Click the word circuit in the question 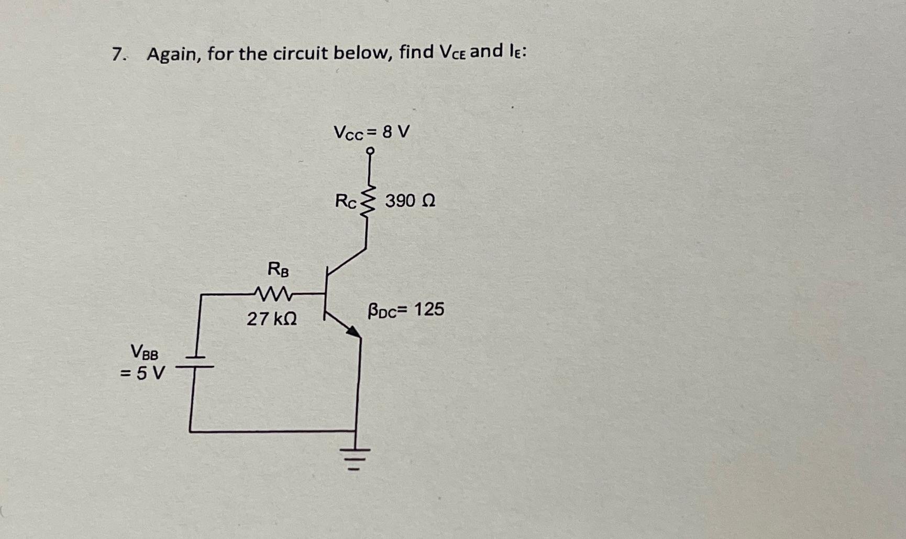[294, 53]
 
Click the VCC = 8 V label [372, 132]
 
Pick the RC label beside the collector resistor [346, 201]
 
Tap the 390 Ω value [410, 201]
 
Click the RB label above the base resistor [278, 269]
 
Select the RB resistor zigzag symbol [273, 294]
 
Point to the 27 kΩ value [272, 318]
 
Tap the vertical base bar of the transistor [326, 294]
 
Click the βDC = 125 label [406, 310]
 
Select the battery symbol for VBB [194, 362]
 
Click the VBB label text [144, 352]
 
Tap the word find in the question [416, 52]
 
